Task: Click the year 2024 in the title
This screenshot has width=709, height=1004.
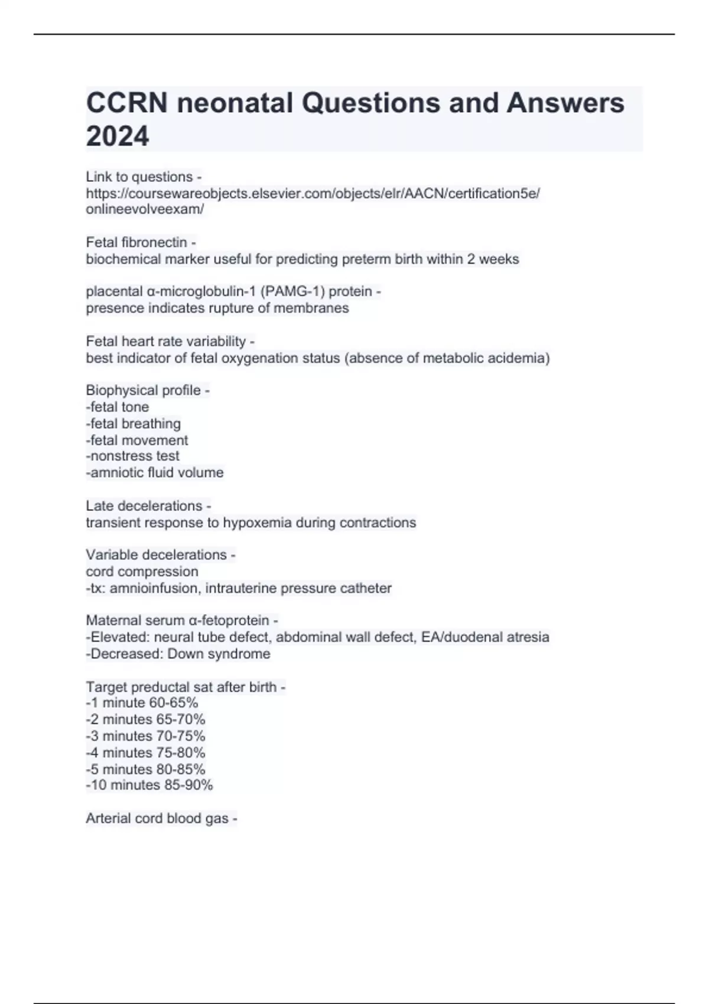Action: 118,136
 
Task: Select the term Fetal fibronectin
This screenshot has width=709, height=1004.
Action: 136,242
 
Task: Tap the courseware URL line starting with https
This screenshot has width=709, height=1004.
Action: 313,193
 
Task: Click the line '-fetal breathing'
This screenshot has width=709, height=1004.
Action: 134,423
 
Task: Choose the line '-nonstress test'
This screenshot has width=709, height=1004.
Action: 133,456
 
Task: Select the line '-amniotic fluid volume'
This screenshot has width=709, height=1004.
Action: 155,472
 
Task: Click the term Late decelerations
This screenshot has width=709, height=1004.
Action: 144,506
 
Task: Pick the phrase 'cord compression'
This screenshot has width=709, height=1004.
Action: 142,572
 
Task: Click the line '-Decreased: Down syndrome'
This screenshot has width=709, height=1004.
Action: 178,654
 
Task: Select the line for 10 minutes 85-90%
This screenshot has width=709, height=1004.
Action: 149,785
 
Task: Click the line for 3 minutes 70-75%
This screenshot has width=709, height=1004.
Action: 146,736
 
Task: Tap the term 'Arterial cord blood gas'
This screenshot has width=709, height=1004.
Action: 157,819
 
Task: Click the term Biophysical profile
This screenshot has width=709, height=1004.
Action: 144,390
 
